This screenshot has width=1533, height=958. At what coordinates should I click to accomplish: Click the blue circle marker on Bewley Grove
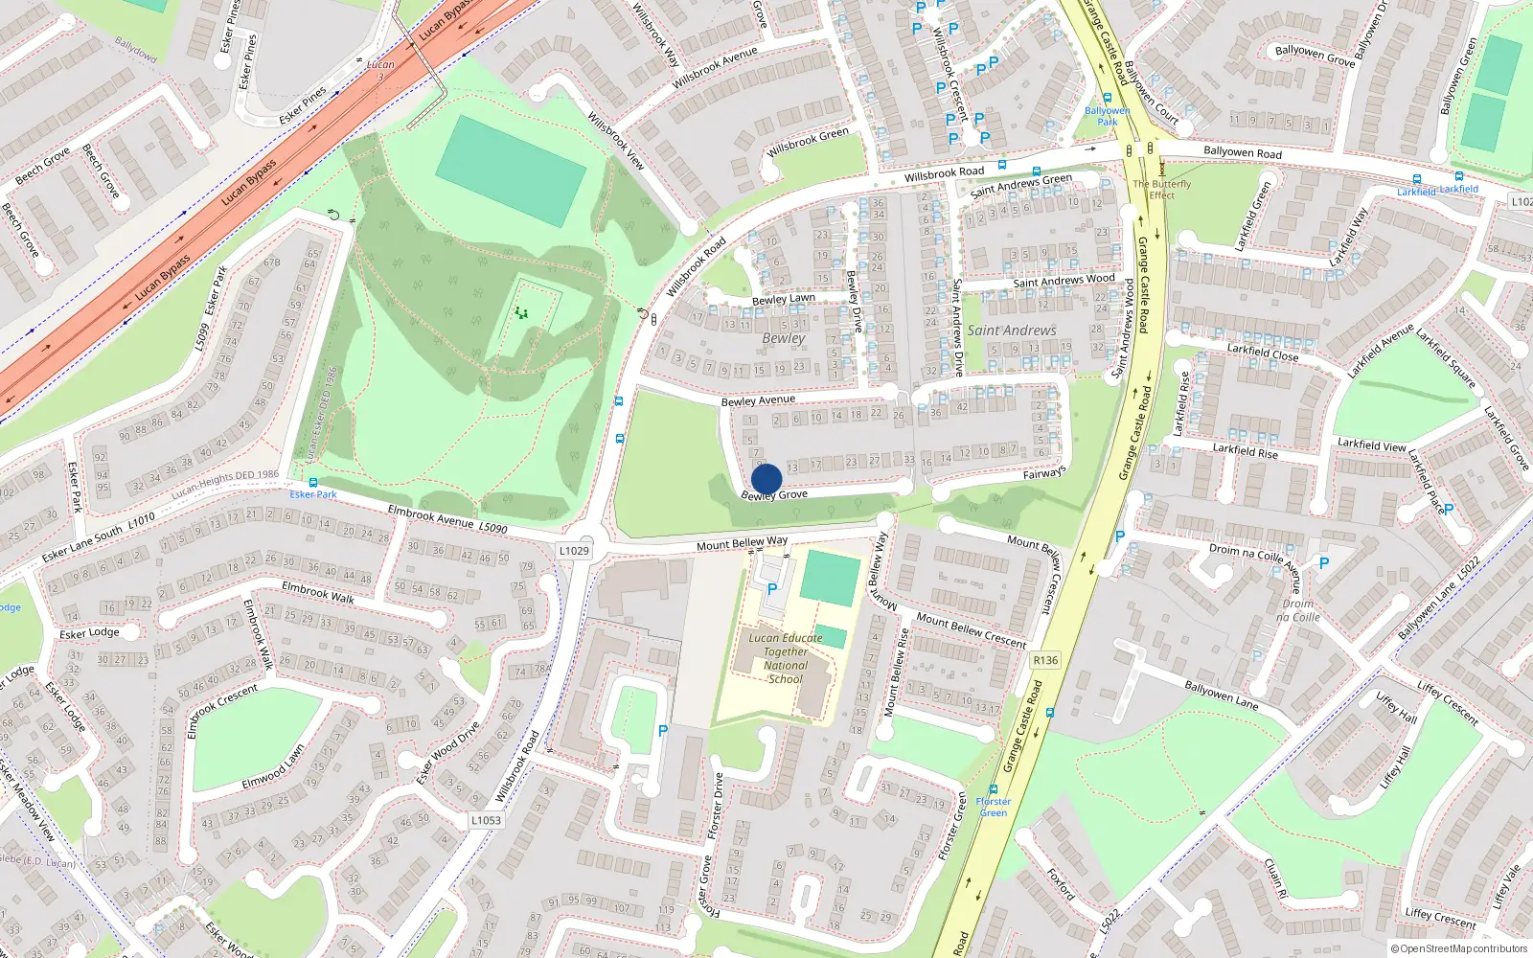pyautogui.click(x=766, y=479)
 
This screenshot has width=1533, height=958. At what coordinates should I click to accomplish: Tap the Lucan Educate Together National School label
pyautogui.click(x=786, y=658)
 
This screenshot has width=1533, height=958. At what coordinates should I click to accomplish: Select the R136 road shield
pyautogui.click(x=1045, y=660)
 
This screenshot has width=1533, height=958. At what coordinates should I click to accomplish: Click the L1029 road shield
pyautogui.click(x=574, y=551)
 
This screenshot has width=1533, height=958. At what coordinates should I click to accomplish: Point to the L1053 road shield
pyautogui.click(x=486, y=820)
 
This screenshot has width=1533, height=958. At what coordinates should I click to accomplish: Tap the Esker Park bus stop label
pyautogui.click(x=313, y=494)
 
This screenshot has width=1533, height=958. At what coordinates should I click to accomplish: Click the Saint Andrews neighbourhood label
pyautogui.click(x=1012, y=331)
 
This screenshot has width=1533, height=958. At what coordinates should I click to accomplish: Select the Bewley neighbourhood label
pyautogui.click(x=784, y=338)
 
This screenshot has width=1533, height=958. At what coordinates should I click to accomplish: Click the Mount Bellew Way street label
pyautogui.click(x=743, y=543)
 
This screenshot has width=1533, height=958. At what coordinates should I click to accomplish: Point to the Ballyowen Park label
pyautogui.click(x=1108, y=116)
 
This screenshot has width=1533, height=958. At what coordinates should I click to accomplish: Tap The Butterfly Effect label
pyautogui.click(x=1162, y=189)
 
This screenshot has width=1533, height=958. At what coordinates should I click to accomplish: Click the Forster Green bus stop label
pyautogui.click(x=994, y=807)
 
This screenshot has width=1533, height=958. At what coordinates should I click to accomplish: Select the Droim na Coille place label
pyautogui.click(x=1298, y=610)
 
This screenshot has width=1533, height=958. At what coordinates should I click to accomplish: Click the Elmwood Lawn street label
pyautogui.click(x=273, y=767)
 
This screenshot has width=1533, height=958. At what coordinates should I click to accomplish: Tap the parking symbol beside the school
pyautogui.click(x=772, y=590)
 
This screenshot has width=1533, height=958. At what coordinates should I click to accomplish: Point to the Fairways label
pyautogui.click(x=1044, y=473)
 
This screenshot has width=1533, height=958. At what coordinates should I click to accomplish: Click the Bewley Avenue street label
pyautogui.click(x=758, y=400)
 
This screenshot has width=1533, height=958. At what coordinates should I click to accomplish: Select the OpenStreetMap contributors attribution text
pyautogui.click(x=1459, y=949)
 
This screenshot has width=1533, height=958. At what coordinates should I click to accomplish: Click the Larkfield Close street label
pyautogui.click(x=1263, y=352)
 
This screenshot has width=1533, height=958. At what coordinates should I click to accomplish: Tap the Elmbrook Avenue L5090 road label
pyautogui.click(x=447, y=520)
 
